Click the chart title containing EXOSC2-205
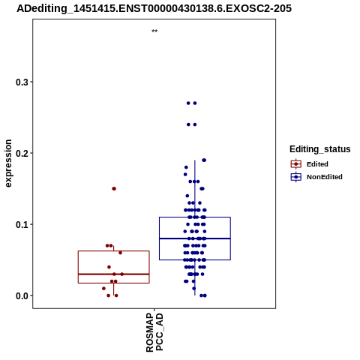154,8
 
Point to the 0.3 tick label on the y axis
22,82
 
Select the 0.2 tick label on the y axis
22,153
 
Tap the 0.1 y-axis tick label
22,224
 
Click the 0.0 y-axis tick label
22,295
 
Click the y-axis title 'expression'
8,163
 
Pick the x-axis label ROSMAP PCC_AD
154,332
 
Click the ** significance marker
154,31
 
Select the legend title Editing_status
320,149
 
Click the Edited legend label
317,164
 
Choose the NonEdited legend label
325,177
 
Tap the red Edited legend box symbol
296,164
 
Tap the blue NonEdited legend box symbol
296,177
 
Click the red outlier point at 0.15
114,188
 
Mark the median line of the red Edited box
114,274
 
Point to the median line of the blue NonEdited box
195,238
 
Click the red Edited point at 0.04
109,267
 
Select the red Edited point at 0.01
103,288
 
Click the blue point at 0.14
187,196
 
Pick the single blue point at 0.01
194,288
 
